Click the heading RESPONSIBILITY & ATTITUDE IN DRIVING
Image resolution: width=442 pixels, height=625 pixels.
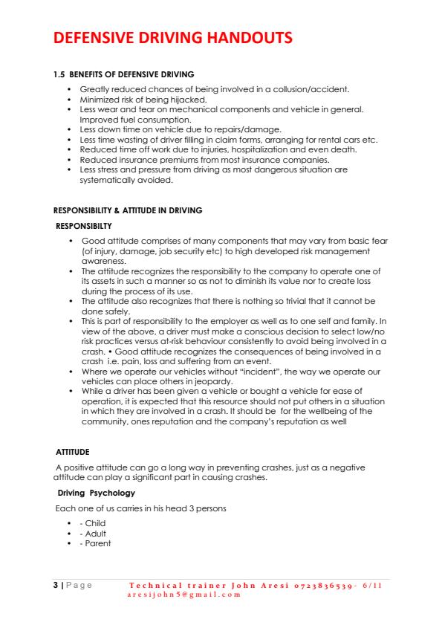(x=128, y=210)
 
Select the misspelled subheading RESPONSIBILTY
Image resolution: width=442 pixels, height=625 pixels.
(x=85, y=224)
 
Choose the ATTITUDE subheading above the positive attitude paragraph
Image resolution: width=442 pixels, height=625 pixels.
(x=73, y=451)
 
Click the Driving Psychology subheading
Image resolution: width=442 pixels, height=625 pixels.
(x=97, y=493)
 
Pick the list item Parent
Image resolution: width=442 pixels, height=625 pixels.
(x=98, y=543)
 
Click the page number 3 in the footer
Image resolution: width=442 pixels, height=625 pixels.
(x=56, y=585)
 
